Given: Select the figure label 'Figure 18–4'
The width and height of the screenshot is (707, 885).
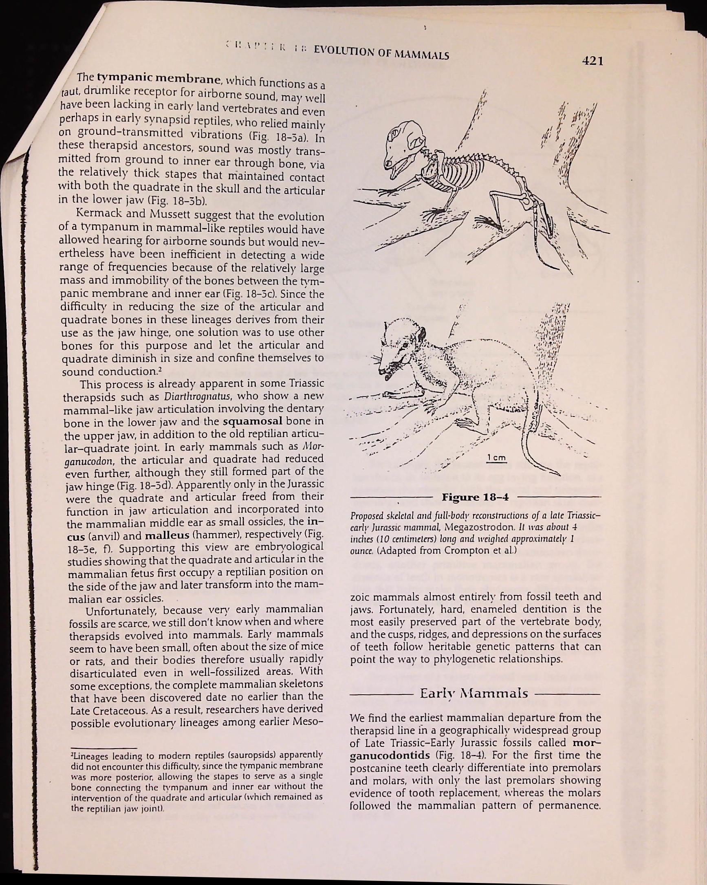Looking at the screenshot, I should pos(475,498).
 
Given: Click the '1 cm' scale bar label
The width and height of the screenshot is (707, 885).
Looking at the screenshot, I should pos(496,458).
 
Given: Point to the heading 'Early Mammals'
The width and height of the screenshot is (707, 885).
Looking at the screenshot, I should pos(474,694).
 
